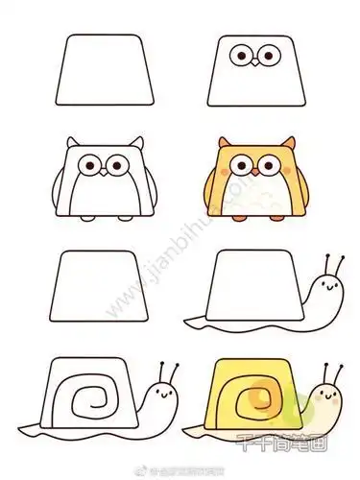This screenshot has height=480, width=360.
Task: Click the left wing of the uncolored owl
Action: [73, 187]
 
